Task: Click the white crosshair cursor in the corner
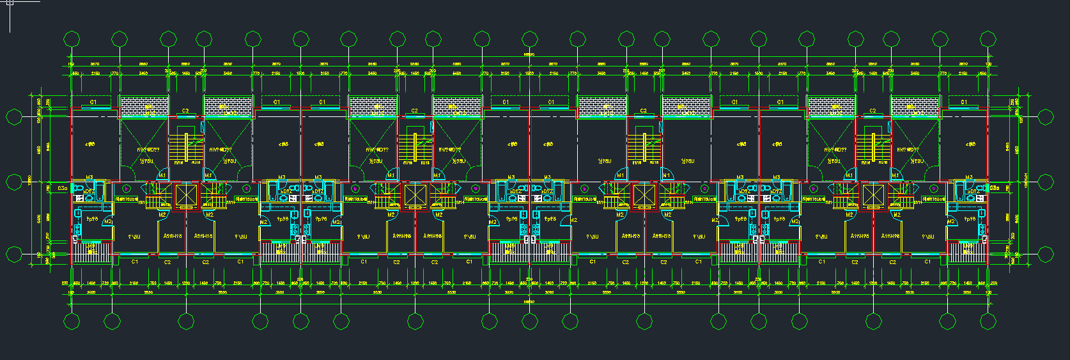[x=10, y=3]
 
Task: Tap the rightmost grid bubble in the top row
[x=988, y=40]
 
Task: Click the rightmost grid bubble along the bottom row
[x=988, y=321]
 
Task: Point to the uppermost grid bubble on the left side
[x=14, y=117]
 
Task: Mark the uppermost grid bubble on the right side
[x=1046, y=117]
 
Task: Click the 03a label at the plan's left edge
[x=62, y=189]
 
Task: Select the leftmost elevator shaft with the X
[x=186, y=196]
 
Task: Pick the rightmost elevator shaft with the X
[x=872, y=196]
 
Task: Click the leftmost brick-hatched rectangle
[x=144, y=107]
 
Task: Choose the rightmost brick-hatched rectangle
[x=915, y=107]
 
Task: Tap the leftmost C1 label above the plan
[x=93, y=102]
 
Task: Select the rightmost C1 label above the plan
[x=963, y=102]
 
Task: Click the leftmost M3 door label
[x=89, y=178]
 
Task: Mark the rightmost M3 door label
[x=969, y=178]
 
